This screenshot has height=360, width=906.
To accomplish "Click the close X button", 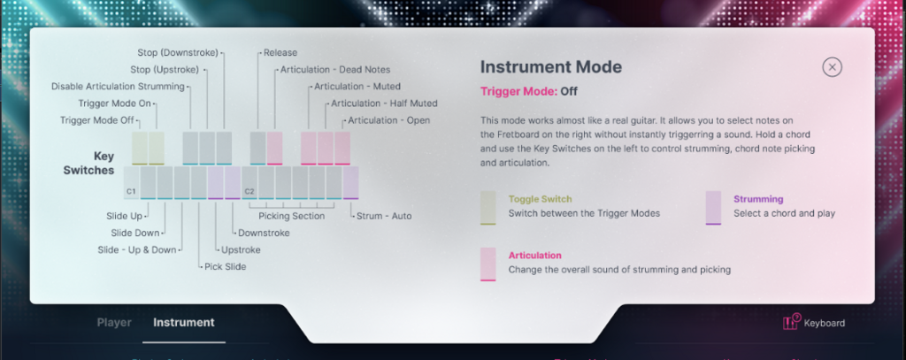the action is tap(832, 67).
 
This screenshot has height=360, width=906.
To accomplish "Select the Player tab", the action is tap(114, 323).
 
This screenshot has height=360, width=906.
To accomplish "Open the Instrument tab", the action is tap(184, 323).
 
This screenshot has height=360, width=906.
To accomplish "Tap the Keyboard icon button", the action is tap(790, 322).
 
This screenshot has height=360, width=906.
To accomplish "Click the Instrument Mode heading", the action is tap(551, 67).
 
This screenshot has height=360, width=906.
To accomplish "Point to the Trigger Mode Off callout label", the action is tap(97, 120).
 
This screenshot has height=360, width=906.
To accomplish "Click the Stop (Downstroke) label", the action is tap(178, 52).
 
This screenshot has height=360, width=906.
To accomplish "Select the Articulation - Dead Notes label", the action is tap(335, 69).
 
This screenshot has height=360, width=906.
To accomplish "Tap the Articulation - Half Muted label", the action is tap(384, 103).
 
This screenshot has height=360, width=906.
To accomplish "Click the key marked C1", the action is tap(131, 183).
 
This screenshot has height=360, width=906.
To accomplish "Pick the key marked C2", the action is tap(250, 183).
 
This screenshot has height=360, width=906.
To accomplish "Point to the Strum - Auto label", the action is tap(384, 216).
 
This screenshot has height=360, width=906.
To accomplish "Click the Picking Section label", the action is tap(291, 216).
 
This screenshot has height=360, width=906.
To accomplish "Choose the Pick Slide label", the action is tap(226, 267).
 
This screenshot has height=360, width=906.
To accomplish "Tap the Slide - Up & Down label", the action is tap(137, 250).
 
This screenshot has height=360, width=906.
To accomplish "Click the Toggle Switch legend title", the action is tap(541, 199).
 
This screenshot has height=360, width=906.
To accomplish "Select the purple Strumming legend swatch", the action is tap(713, 208).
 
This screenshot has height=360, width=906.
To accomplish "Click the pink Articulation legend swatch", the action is tap(488, 264).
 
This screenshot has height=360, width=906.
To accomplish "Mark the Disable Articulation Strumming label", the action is tap(118, 87).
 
